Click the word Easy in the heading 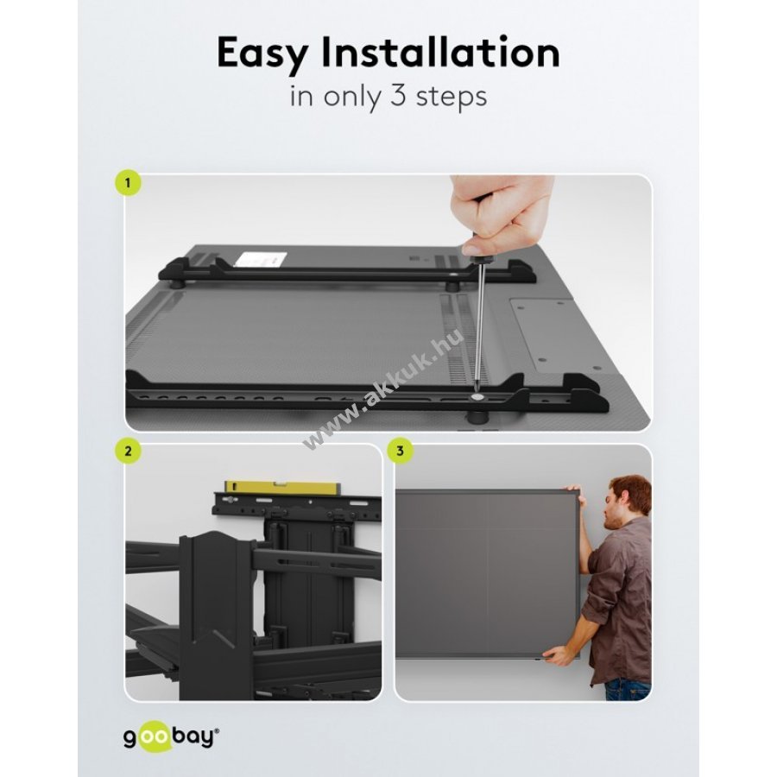pos(262,54)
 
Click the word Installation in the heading pos(440,52)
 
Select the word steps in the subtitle pos(452,98)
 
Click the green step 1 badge pos(128,183)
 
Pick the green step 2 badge pos(129,451)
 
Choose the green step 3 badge pos(400,451)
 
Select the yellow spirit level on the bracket pos(281,488)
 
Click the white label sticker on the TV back pos(260,260)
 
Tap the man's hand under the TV pos(556,655)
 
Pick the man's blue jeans pos(628,689)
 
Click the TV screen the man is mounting pos(488,574)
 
